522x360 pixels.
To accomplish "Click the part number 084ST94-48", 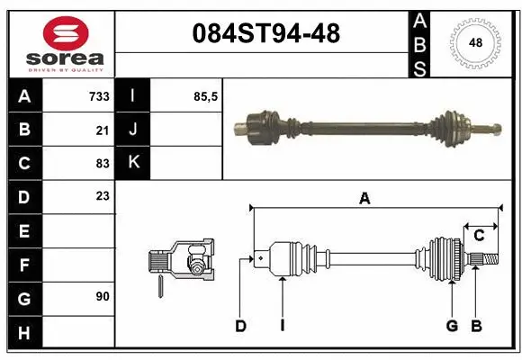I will coord(267,33).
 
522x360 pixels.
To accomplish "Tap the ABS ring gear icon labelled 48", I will coord(474,41).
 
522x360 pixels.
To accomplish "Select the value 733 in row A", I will coord(98,96).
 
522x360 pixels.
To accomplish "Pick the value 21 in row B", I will coord(102,130).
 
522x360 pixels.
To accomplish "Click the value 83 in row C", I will coord(102,164).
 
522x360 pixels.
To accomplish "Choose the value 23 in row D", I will coord(102,196).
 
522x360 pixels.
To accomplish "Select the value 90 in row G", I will coord(102,296).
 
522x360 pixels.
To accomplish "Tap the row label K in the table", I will coord(134,163).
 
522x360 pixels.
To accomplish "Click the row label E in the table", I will coord(23,230).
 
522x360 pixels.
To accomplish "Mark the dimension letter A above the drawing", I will coord(364,200).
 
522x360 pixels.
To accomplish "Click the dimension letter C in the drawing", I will coord(479,236).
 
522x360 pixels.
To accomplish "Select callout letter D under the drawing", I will coord(240,326).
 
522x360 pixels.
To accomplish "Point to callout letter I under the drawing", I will coord(282,326).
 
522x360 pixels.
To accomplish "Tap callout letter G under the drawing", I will coord(452,326).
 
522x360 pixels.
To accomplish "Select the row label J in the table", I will coord(133,130).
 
